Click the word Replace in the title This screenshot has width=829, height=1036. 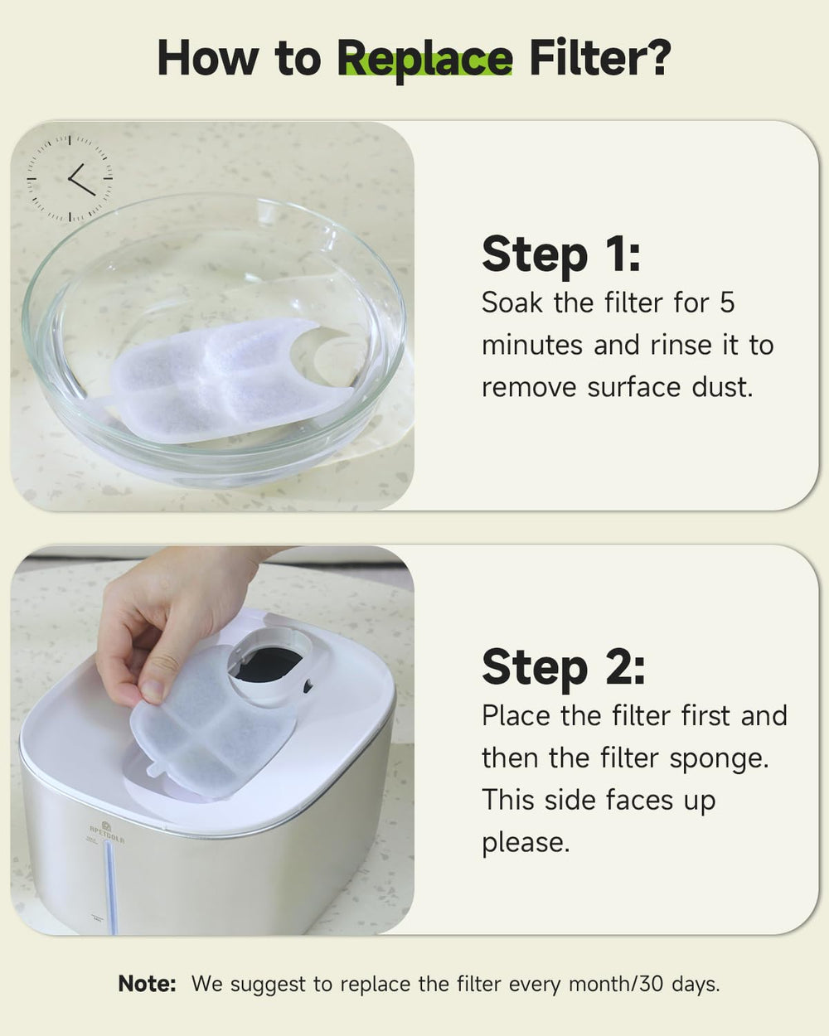click(x=424, y=59)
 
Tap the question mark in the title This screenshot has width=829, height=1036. click(x=653, y=57)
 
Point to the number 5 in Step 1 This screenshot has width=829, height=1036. click(x=727, y=303)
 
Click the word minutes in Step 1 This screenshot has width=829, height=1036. click(x=532, y=345)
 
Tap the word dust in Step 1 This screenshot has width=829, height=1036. click(x=722, y=388)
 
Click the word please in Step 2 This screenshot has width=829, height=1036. click(x=526, y=845)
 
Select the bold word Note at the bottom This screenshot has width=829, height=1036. click(x=147, y=985)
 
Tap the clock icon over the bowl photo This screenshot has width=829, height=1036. click(x=70, y=178)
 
